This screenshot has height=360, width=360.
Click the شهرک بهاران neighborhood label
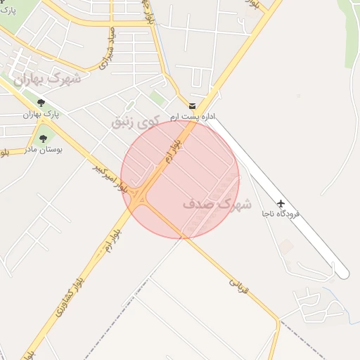[46, 79]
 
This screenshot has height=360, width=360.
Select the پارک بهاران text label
[41, 114]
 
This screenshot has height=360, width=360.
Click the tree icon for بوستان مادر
[44, 139]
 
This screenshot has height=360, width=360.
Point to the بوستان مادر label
[44, 150]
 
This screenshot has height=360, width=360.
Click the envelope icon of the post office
[192, 105]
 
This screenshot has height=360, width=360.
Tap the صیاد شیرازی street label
[106, 53]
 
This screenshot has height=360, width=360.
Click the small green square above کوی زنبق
[157, 98]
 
